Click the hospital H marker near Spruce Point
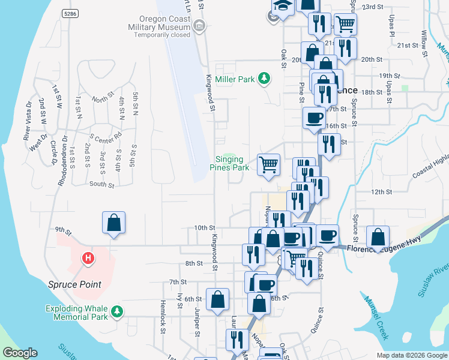tap(88, 259)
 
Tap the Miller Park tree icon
tap(263, 79)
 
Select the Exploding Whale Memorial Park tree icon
tap(118, 311)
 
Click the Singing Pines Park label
tap(229, 163)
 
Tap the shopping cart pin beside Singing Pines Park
tap(268, 163)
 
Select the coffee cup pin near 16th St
tap(313, 117)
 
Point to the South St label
tap(101, 185)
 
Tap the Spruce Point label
tap(75, 284)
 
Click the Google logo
tap(20, 353)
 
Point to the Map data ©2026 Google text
tap(411, 355)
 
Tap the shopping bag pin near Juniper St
tap(217, 299)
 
